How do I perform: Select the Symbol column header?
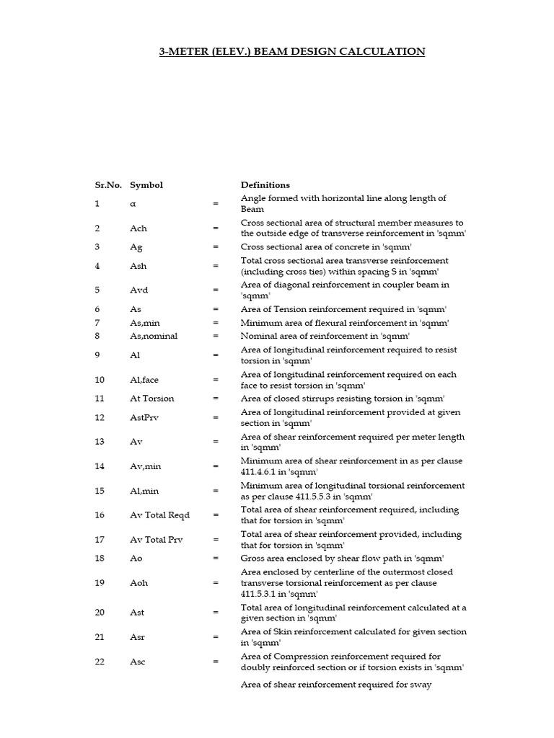click(x=146, y=185)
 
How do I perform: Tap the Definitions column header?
click(x=265, y=185)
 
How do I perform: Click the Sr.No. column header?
click(x=109, y=185)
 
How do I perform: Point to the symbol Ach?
click(x=138, y=228)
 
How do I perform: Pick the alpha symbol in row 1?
click(x=133, y=204)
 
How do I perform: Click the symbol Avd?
click(x=138, y=290)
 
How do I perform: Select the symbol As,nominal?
click(x=154, y=337)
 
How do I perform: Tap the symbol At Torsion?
click(x=152, y=399)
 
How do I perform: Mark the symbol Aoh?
click(x=138, y=583)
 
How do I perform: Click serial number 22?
click(x=100, y=662)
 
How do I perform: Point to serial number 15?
click(x=100, y=492)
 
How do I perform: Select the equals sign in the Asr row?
click(x=215, y=638)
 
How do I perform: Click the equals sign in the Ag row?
click(x=215, y=247)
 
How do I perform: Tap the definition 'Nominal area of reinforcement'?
click(x=325, y=337)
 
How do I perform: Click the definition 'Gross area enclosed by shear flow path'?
click(x=342, y=559)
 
